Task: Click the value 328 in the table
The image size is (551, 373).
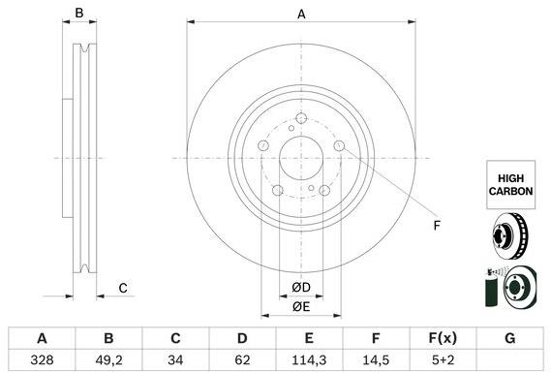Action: (42, 359)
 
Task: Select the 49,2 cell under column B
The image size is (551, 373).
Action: (108, 359)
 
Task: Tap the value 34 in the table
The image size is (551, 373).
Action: (175, 359)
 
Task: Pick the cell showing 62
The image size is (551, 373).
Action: (242, 359)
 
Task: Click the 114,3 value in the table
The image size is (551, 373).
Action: (309, 359)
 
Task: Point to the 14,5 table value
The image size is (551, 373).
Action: (376, 359)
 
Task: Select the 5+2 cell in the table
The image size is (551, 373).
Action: (443, 359)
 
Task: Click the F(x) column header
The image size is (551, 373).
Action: (443, 338)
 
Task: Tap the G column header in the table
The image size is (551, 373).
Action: (509, 338)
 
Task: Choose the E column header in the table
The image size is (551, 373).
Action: (309, 338)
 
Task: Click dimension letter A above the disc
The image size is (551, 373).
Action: (301, 15)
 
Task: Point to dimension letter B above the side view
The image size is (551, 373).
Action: (80, 15)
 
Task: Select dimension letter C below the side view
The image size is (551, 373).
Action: (123, 288)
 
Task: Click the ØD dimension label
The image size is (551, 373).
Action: (301, 287)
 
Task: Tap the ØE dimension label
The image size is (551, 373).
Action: (301, 308)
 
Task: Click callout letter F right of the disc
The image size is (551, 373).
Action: (437, 227)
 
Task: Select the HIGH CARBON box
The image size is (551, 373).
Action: (509, 185)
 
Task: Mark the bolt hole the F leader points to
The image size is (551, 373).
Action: (339, 146)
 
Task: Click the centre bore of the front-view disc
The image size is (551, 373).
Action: (301, 159)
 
